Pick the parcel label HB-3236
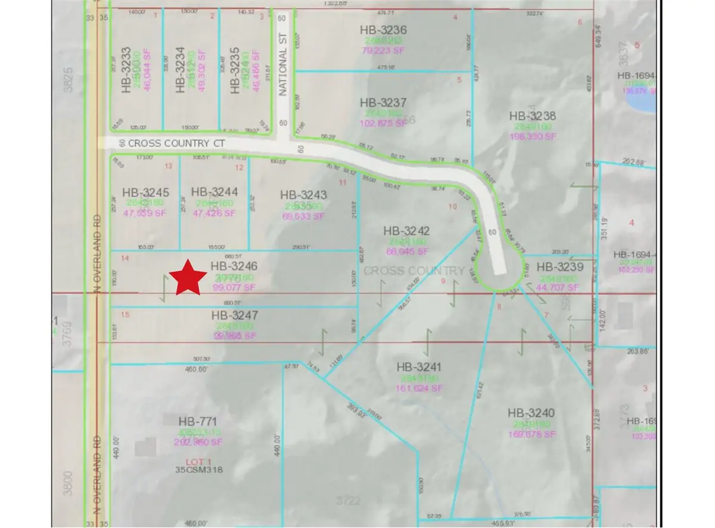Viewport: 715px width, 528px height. (383, 30)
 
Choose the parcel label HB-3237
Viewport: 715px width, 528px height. (383, 103)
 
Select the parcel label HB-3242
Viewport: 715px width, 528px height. (407, 231)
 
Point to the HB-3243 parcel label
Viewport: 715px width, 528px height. (303, 195)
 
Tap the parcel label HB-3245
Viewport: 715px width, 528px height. (146, 192)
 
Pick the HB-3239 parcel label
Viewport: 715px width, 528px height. (559, 267)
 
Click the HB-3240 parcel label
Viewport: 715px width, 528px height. (531, 412)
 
